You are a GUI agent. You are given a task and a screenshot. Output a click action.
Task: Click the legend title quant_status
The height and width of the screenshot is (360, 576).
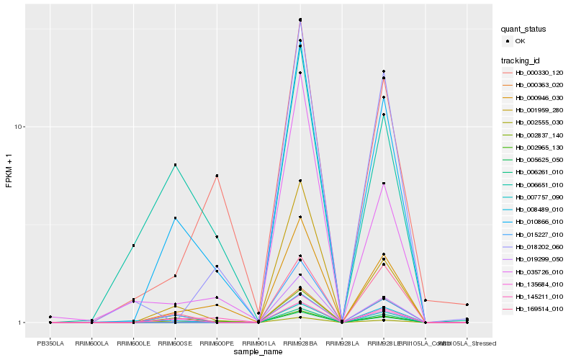(524, 29)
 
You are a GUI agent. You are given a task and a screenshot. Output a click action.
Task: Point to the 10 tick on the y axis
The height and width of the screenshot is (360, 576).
(20, 127)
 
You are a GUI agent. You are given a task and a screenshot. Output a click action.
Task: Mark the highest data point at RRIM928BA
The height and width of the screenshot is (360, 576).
(300, 19)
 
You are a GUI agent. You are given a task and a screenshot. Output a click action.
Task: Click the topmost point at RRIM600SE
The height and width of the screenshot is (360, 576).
(176, 165)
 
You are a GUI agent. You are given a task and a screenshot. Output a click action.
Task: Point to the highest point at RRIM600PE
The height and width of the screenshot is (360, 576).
(217, 176)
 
